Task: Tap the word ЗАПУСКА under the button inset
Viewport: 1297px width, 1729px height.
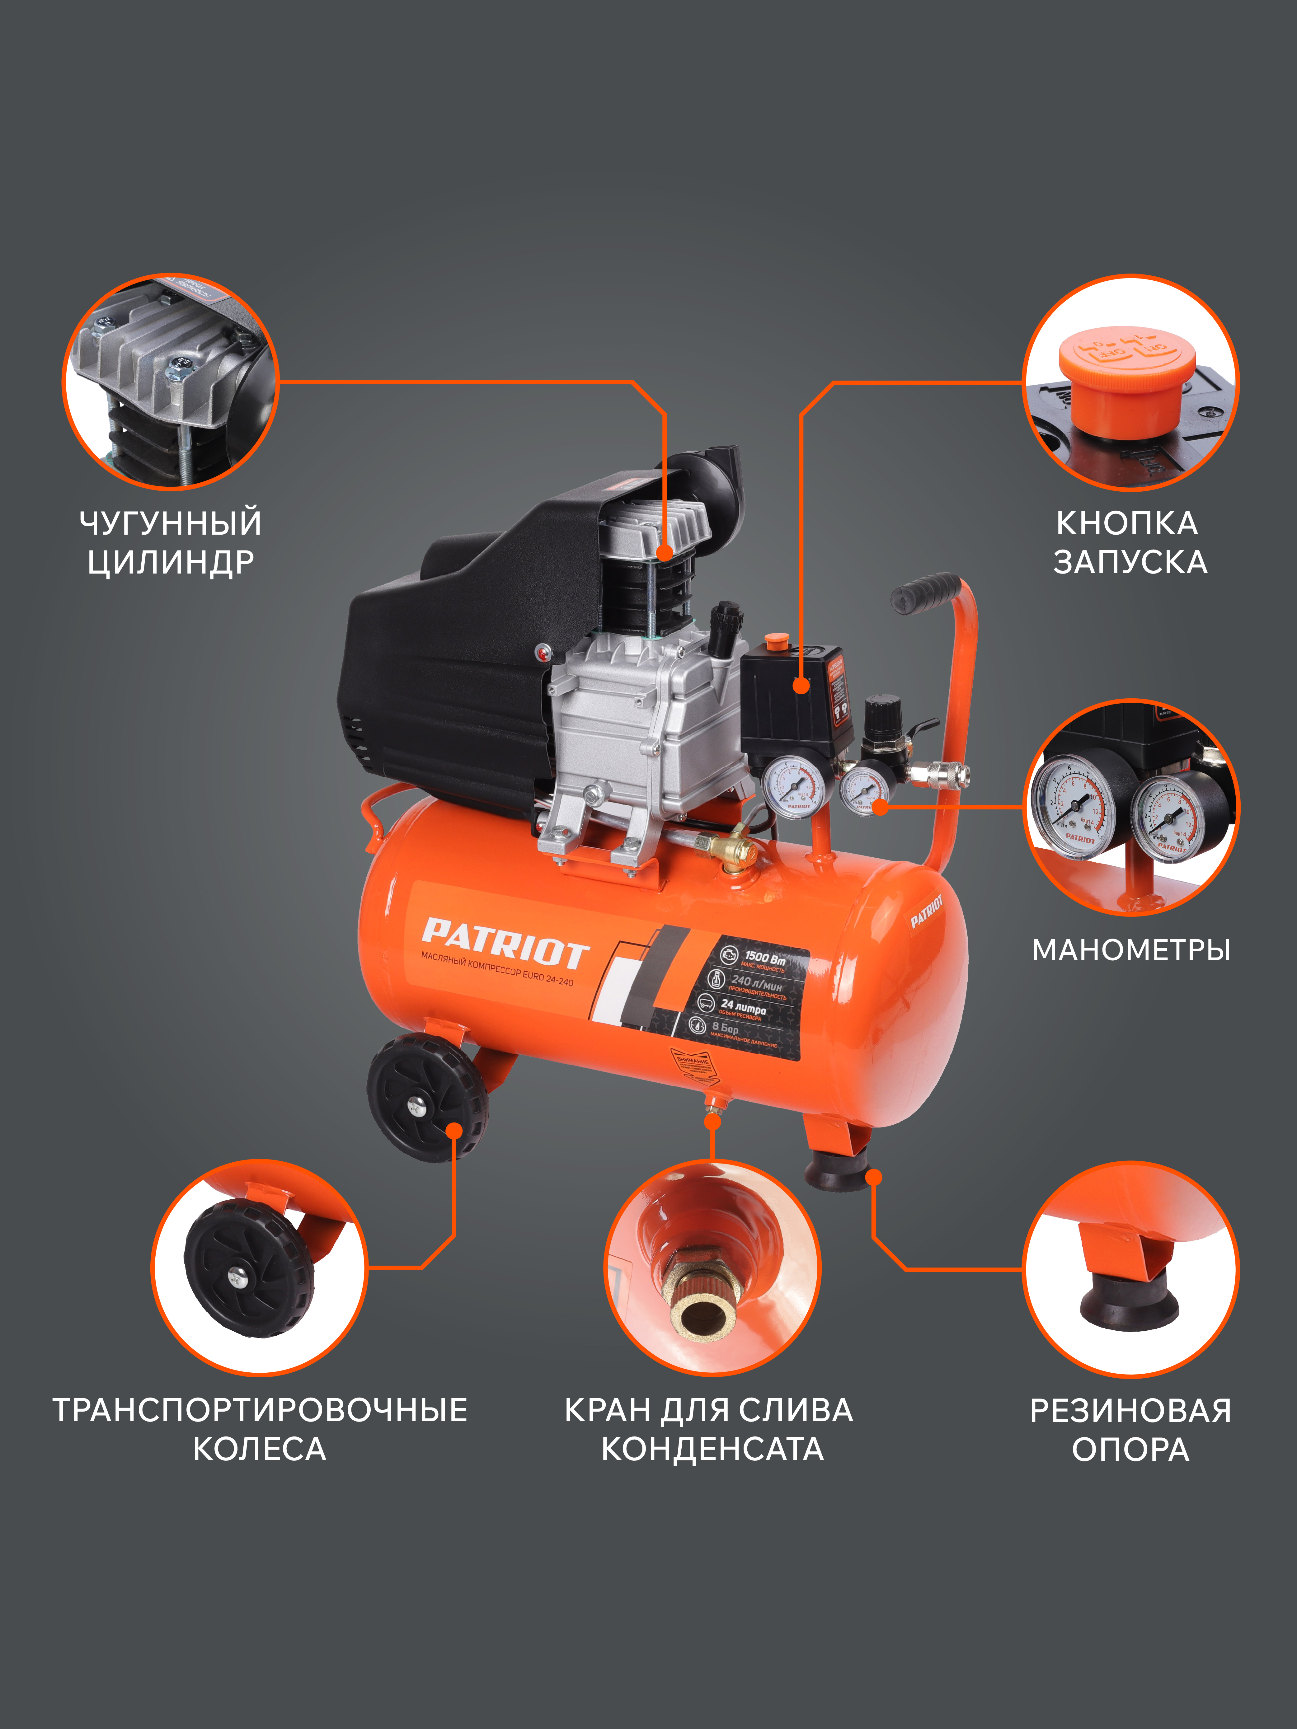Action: coord(1130,562)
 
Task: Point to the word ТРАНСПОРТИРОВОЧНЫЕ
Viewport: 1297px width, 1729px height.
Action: coord(260,1410)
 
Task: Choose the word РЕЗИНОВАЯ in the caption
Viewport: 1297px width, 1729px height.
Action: coord(1130,1410)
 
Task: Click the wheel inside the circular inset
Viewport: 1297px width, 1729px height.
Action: coord(249,1270)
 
